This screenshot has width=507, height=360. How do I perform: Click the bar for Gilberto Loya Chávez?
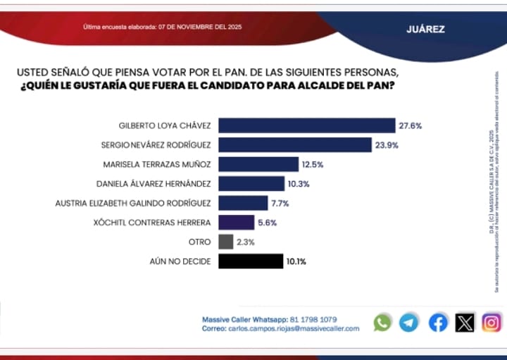[306, 125]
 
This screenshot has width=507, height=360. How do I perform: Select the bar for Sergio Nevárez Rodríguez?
[294, 145]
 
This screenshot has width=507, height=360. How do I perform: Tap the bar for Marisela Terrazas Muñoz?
[258, 164]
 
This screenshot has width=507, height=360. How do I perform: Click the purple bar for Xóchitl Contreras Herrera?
[236, 223]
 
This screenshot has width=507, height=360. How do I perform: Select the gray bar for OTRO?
[226, 242]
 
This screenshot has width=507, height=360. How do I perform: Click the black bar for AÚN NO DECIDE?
[251, 261]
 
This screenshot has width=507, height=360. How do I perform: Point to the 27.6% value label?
[411, 125]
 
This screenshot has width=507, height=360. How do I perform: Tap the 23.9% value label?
[387, 145]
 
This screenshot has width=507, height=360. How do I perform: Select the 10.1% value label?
[296, 261]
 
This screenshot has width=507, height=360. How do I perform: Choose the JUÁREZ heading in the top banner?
[425, 30]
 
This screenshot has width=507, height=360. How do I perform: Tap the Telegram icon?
[408, 323]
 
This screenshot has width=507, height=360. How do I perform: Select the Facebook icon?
[438, 323]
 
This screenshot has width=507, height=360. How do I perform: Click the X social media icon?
[465, 323]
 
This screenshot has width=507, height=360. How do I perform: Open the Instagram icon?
[492, 323]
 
